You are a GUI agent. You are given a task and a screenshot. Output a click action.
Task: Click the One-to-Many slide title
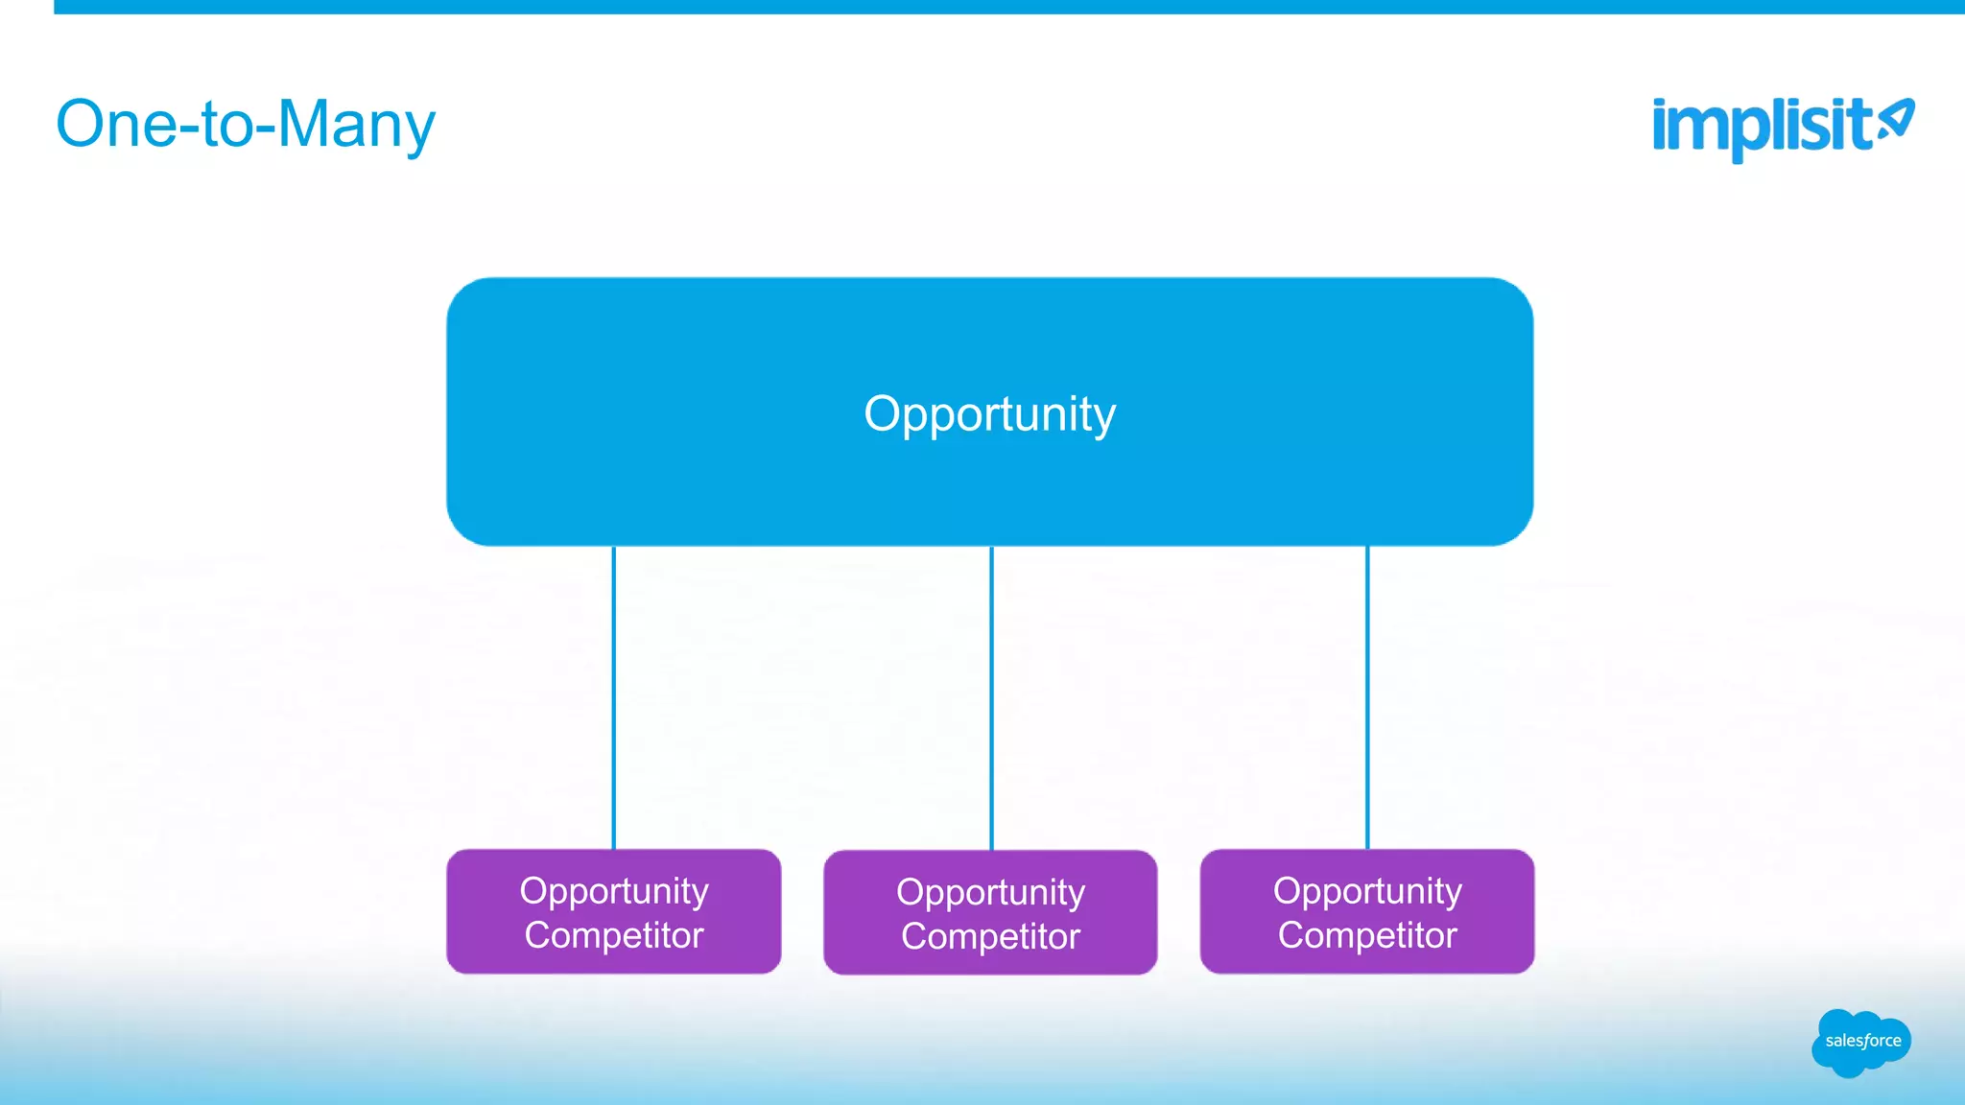(246, 125)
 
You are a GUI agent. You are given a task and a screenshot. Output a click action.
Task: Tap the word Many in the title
(356, 125)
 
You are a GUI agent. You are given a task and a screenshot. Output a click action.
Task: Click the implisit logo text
(1762, 127)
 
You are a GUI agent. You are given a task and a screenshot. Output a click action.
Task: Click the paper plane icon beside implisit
(1897, 121)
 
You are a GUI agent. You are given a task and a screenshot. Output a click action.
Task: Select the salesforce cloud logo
(1861, 1042)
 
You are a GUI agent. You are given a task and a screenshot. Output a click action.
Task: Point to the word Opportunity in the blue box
(989, 414)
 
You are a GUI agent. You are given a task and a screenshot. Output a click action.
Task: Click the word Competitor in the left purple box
(614, 935)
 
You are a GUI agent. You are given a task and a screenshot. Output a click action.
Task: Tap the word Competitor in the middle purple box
(990, 936)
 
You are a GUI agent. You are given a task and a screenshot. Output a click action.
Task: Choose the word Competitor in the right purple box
(1367, 935)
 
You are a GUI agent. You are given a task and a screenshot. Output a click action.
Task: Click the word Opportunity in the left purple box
(614, 891)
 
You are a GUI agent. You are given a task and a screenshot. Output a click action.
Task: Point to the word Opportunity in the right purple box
(1367, 891)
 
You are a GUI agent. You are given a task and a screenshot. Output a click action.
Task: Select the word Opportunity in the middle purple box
(990, 892)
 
